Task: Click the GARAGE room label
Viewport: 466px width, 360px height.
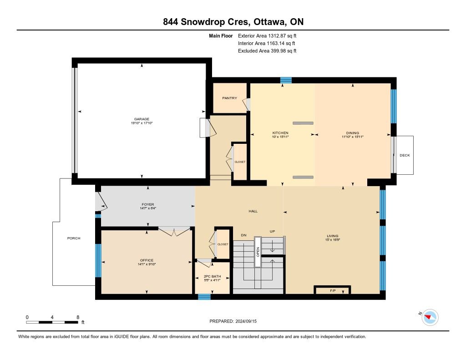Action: tap(142, 119)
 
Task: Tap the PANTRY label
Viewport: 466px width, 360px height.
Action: tap(230, 98)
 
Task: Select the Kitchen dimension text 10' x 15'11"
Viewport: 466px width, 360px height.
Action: tap(280, 137)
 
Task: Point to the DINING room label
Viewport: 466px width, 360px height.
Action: tap(353, 133)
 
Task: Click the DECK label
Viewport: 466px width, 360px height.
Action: tap(405, 155)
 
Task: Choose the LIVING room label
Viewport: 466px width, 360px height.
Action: tap(333, 236)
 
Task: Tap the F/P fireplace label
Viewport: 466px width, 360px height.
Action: tap(333, 290)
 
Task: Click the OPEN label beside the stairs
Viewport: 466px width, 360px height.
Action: tap(258, 252)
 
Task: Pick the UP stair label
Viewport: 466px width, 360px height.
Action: tap(272, 231)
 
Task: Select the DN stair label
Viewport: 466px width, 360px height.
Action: tap(244, 235)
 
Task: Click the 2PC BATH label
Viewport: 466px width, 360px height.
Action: tap(212, 276)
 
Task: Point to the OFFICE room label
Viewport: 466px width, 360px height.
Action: tap(147, 260)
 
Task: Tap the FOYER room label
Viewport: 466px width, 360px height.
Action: tap(148, 204)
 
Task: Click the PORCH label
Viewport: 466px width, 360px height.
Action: tap(74, 238)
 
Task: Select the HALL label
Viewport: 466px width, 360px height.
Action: tap(253, 211)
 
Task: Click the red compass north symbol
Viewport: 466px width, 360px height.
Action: tap(428, 317)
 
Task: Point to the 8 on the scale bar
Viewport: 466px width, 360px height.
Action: tap(78, 317)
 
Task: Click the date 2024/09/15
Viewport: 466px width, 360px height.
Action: tap(246, 321)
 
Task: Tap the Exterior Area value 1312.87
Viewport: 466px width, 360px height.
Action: tap(277, 35)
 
